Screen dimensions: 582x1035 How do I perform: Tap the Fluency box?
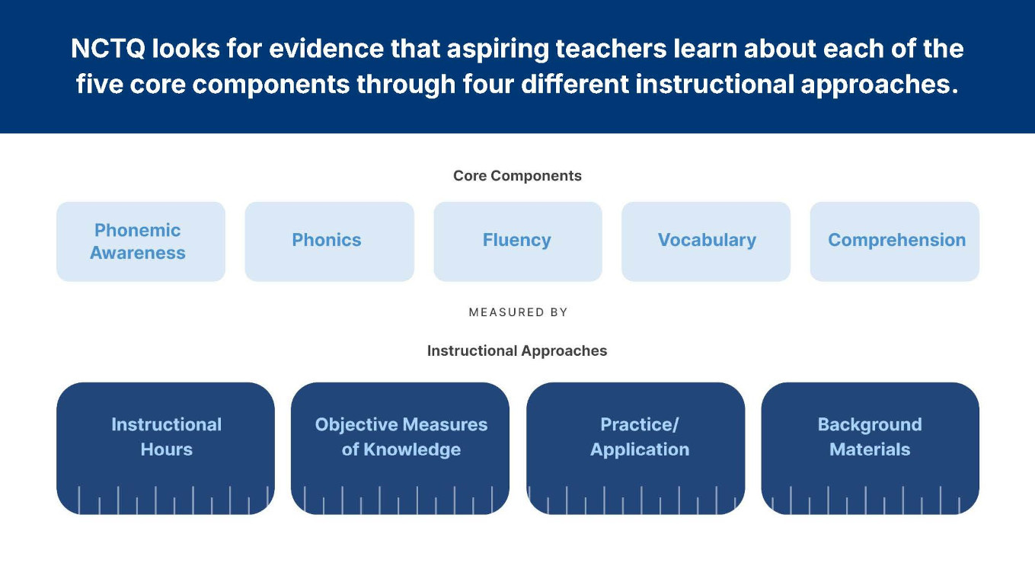coord(517,241)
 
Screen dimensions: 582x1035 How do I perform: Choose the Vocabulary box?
coord(706,241)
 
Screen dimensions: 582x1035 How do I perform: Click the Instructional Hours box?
coord(165,447)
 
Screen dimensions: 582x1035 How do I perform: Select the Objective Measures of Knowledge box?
coord(400,447)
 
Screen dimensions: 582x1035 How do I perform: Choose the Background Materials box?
coord(870,447)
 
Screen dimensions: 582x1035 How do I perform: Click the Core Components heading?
coord(517,176)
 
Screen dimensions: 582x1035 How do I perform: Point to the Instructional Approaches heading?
coord(517,351)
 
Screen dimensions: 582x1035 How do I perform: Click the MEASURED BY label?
coord(518,312)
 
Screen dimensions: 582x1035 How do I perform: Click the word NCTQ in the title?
coord(107,50)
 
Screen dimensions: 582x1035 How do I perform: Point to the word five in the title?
coord(99,85)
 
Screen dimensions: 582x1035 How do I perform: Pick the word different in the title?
coord(574,85)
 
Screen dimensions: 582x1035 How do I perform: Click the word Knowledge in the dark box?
coord(411,450)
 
